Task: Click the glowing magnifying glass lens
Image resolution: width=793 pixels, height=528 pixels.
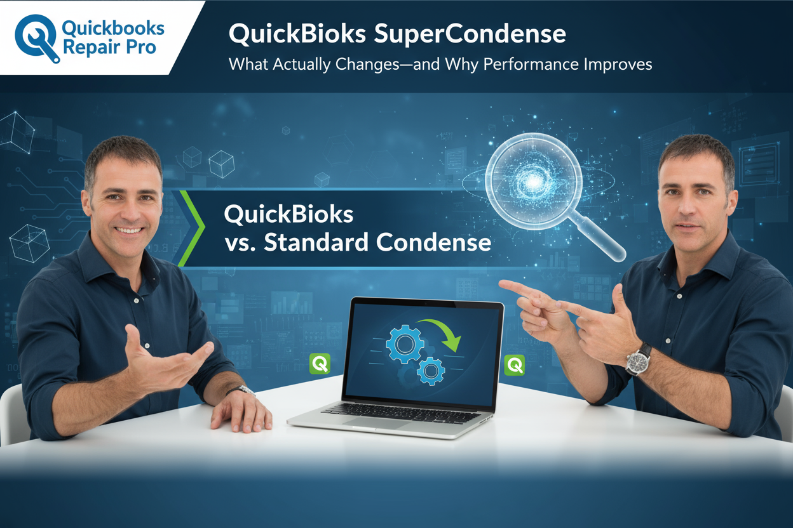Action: (533, 181)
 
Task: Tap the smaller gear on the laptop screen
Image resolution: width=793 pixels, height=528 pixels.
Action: (431, 371)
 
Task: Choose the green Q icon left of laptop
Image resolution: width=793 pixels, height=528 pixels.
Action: (319, 364)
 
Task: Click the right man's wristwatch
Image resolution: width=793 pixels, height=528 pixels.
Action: (638, 359)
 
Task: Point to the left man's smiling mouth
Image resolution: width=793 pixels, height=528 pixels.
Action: (130, 229)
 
